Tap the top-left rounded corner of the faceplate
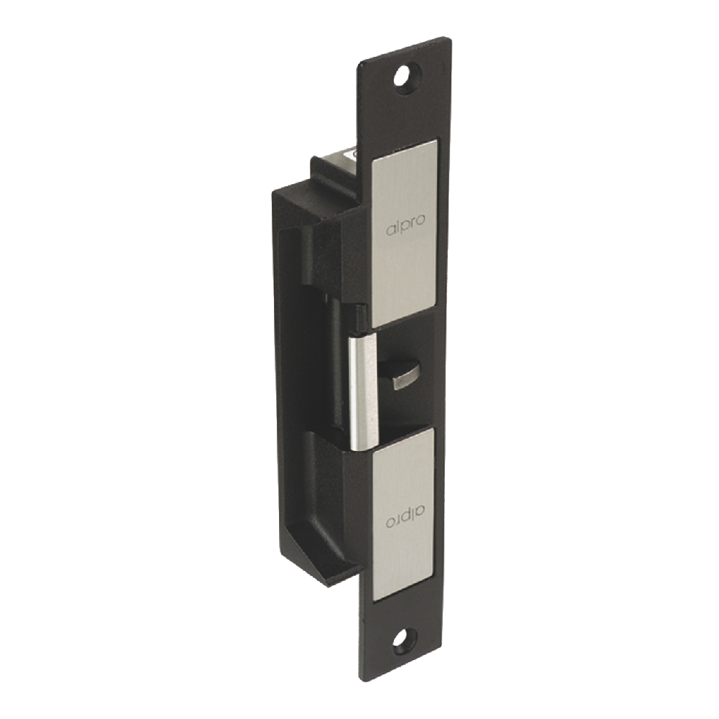(362, 63)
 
